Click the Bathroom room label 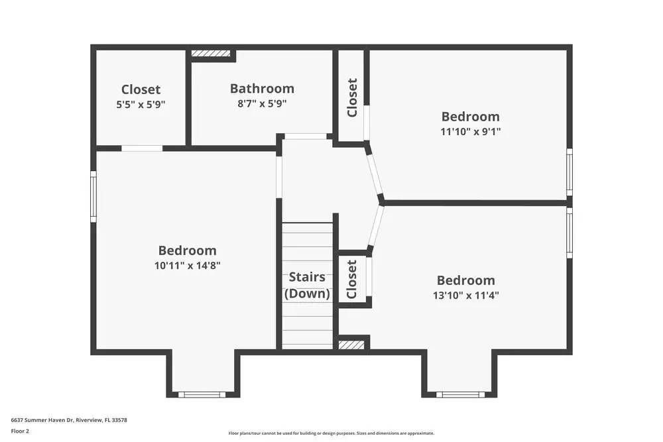pos(262,88)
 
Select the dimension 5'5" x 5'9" pos(141,104)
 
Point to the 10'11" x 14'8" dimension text pos(187,266)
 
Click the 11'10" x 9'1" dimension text pos(470,131)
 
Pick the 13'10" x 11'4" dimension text pos(465,296)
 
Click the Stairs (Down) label pos(307,285)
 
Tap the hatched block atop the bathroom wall pos(211,53)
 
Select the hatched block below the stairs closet pos(351,345)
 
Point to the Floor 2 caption pos(20,431)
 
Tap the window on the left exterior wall pos(93,196)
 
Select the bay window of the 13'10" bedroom pos(460,395)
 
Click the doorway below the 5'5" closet pos(142,148)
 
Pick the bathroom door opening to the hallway pos(305,137)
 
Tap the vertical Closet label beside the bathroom pos(352,97)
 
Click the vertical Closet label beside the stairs pos(351,279)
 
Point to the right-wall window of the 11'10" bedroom pos(569,172)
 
